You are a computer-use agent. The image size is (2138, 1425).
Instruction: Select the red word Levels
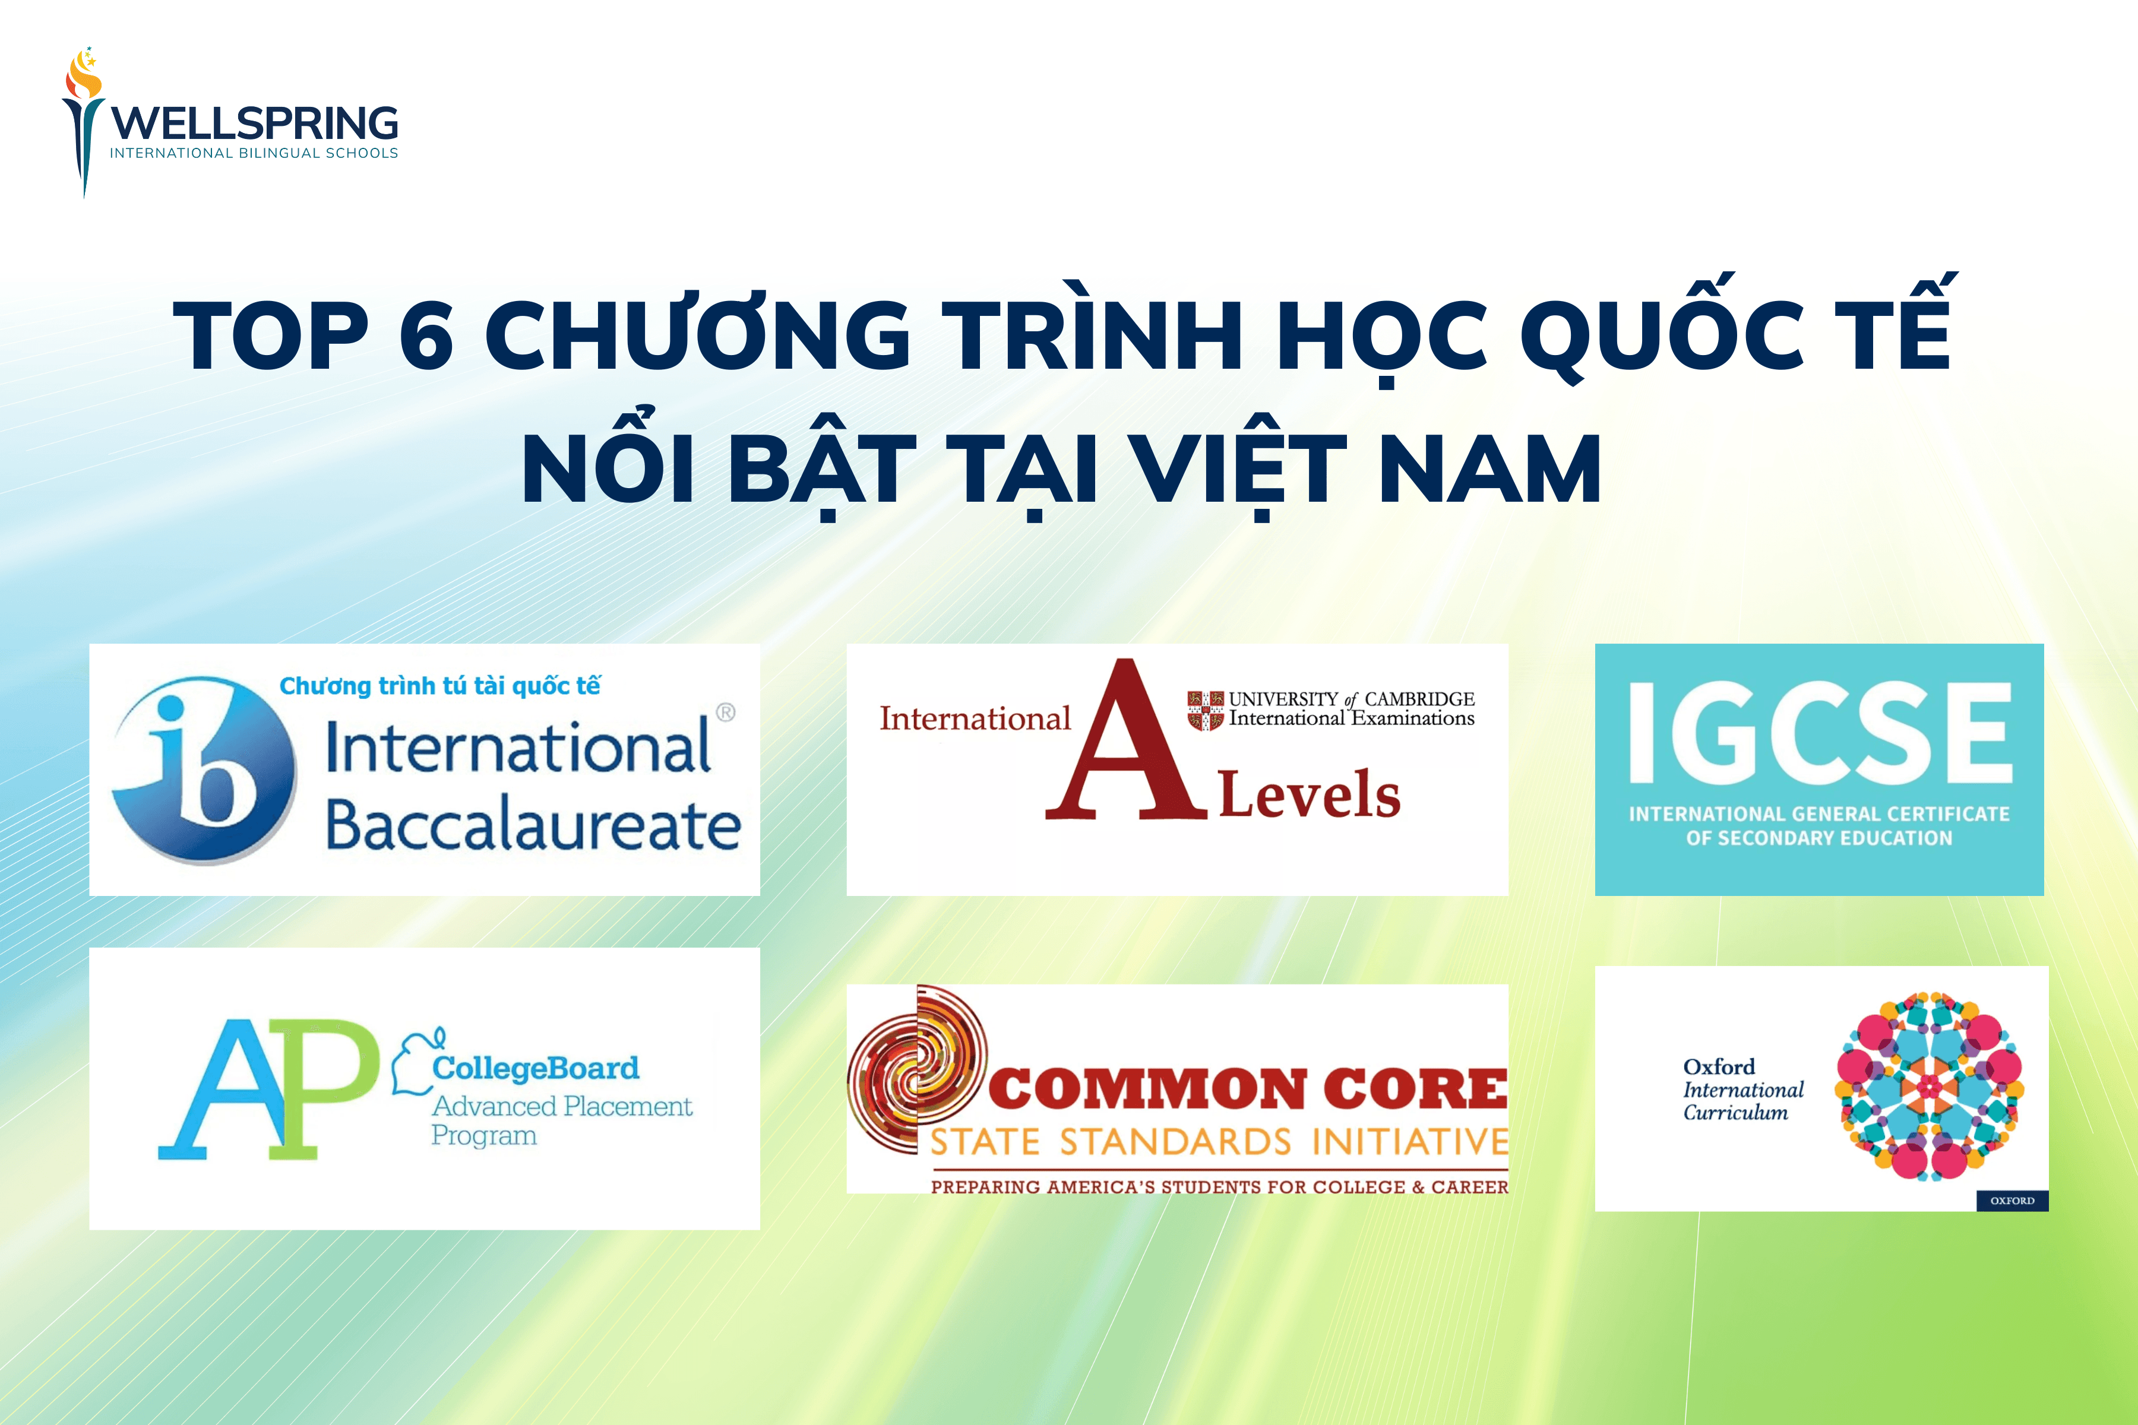(x=1309, y=795)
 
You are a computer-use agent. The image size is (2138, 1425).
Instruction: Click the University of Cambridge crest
(x=1206, y=710)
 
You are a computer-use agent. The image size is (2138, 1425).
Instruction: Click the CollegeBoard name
(x=536, y=1068)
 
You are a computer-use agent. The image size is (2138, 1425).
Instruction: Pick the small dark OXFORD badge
(x=2012, y=1201)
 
